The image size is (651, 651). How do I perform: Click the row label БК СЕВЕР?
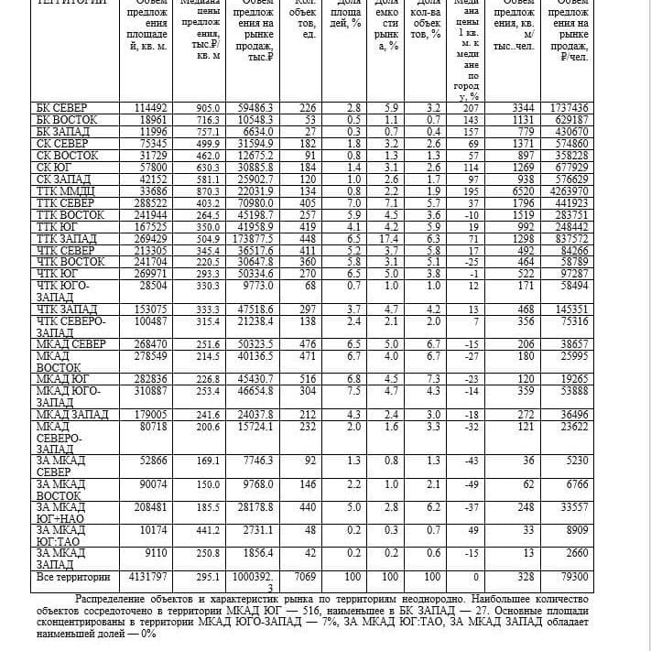[x=62, y=108]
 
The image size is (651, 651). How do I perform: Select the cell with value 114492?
[x=151, y=108]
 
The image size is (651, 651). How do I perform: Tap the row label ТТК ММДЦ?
[x=68, y=191]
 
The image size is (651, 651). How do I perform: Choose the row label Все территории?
[x=72, y=578]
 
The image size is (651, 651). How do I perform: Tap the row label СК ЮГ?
[x=55, y=168]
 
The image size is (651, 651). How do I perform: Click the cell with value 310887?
[x=151, y=391]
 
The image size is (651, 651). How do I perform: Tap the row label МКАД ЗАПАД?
[x=72, y=415]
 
